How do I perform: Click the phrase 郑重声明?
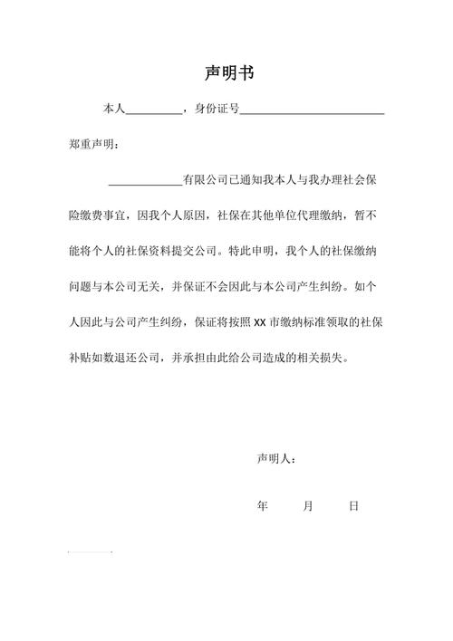click(x=90, y=144)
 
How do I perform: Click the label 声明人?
click(x=274, y=459)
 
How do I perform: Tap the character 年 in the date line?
click(x=263, y=506)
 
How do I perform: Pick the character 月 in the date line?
click(x=308, y=506)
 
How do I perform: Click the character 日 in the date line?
click(x=354, y=506)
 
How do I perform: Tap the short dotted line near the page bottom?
click(x=90, y=551)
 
